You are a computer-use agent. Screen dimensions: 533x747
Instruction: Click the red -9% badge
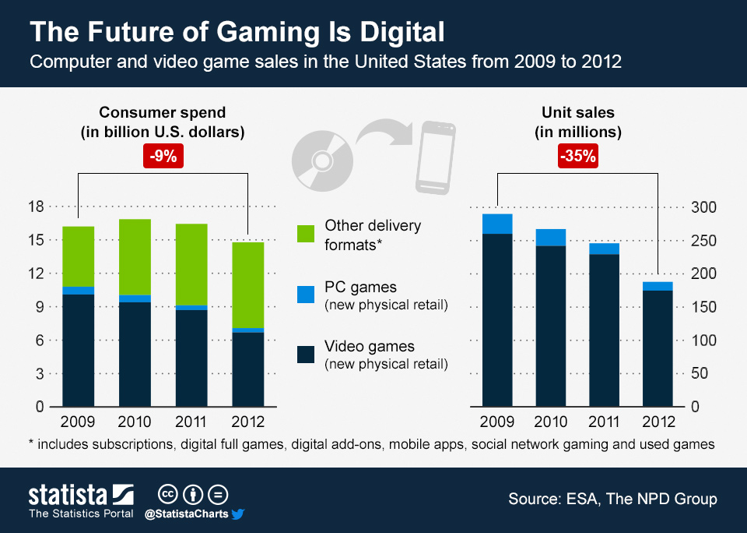[x=163, y=156]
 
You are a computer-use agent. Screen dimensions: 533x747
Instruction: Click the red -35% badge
[x=577, y=156]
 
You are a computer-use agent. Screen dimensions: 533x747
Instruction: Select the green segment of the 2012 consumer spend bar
[x=248, y=285]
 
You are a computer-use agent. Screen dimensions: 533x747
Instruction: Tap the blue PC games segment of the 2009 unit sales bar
[x=497, y=224]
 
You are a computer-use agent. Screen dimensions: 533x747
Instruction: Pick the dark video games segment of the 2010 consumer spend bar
[x=135, y=355]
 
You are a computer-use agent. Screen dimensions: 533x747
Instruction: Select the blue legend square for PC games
[x=307, y=295]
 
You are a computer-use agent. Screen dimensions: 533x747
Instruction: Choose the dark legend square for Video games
[x=307, y=354]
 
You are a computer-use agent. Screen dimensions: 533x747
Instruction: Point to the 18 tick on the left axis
[x=36, y=206]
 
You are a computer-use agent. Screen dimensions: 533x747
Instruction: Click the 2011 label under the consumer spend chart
[x=191, y=423]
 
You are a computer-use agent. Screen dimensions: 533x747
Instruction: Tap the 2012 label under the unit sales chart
[x=658, y=423]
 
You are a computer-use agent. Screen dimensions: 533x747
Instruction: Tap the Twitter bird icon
[x=238, y=514]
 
